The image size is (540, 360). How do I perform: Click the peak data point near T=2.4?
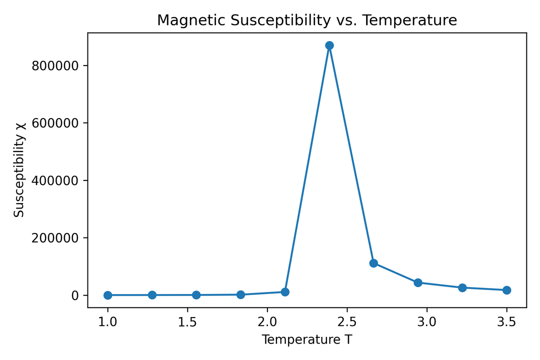(329, 45)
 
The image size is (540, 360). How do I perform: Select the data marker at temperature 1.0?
(107, 295)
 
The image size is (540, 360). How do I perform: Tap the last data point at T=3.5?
(506, 290)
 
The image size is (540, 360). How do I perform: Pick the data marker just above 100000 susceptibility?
(373, 263)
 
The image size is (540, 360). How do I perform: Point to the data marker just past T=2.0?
(285, 291)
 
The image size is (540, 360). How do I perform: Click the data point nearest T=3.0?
(418, 282)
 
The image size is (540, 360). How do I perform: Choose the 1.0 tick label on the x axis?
(107, 320)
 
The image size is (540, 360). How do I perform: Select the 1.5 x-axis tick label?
(187, 320)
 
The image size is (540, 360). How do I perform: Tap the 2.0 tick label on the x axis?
(267, 320)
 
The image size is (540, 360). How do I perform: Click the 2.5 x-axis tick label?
(347, 320)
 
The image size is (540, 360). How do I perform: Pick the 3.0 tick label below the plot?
(426, 320)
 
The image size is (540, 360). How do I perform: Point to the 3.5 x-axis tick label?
(506, 320)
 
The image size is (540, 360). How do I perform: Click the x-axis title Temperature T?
(307, 340)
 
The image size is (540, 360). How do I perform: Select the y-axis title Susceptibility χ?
(19, 170)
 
